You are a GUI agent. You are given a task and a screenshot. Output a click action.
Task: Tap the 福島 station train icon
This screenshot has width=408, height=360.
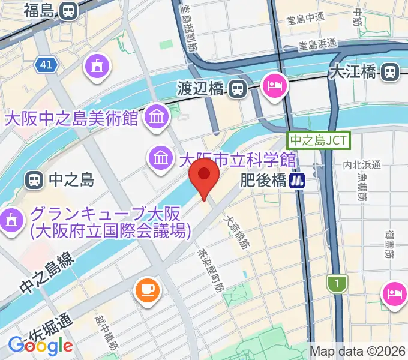tap(69, 10)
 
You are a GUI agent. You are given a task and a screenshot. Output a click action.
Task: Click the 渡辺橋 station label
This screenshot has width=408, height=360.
tap(200, 89)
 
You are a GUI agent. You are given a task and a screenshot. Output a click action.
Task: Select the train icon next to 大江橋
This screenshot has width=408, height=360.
tap(390, 73)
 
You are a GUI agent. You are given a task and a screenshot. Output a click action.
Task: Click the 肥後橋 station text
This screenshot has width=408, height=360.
tap(263, 180)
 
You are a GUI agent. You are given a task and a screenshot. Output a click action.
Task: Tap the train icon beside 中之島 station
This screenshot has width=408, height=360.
tap(34, 179)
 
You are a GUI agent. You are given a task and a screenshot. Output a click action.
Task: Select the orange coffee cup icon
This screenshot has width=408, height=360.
tap(147, 290)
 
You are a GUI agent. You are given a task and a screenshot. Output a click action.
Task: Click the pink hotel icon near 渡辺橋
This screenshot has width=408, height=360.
tap(277, 85)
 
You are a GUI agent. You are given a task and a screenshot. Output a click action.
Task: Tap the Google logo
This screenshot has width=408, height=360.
tap(40, 346)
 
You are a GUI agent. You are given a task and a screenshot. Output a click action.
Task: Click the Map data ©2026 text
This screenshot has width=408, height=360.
tap(358, 352)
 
